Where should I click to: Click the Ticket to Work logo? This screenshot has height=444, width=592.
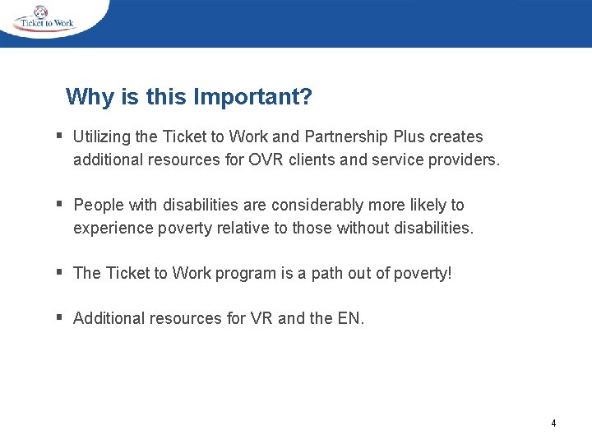click(45, 19)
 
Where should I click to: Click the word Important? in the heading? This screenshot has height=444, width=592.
click(252, 98)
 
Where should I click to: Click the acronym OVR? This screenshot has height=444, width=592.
click(265, 160)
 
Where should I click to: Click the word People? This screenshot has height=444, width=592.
click(98, 206)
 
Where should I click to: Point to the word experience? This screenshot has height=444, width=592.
click(111, 228)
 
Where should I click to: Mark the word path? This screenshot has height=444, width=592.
click(328, 274)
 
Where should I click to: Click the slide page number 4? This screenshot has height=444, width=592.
click(553, 423)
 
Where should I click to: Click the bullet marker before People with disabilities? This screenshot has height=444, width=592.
click(60, 203)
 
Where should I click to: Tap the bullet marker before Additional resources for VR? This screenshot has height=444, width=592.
click(60, 317)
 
